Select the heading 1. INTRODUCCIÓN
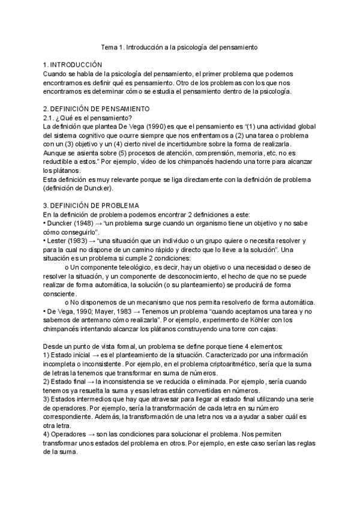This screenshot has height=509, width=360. click(x=73, y=65)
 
